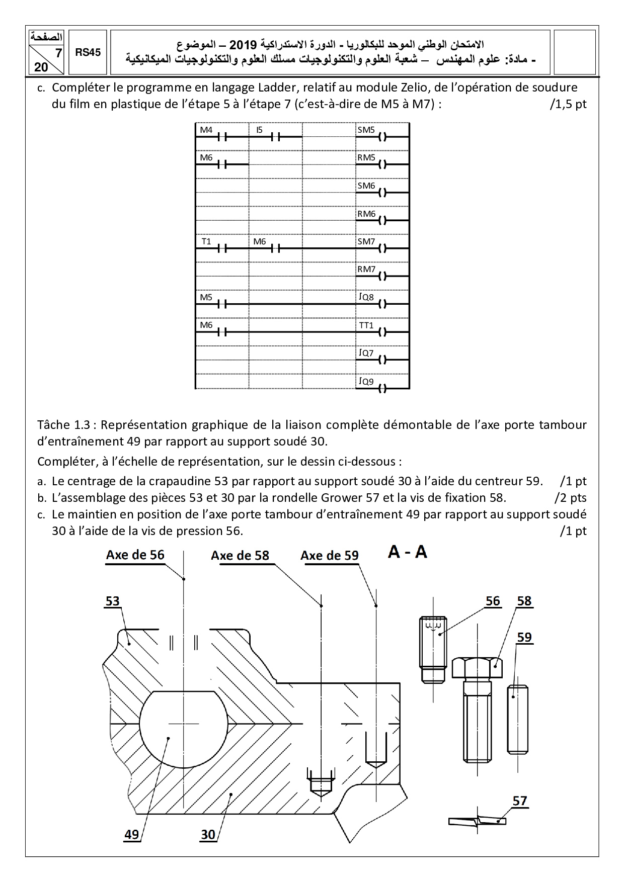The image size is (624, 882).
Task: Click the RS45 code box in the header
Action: [x=88, y=52]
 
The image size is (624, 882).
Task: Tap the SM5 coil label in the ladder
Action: [x=366, y=130]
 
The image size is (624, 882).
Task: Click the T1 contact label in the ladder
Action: [x=206, y=241]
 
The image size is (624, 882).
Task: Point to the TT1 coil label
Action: [x=366, y=325]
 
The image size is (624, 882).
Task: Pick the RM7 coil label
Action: [x=366, y=269]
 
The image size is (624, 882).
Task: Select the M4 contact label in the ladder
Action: [x=206, y=130]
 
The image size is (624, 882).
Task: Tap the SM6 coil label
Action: [x=366, y=186]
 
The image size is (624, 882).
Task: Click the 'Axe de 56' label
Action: [x=135, y=555]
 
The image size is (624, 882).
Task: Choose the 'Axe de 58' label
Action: [x=240, y=555]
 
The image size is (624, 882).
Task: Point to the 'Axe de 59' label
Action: [x=330, y=555]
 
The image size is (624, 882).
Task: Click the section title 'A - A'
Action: [x=408, y=552]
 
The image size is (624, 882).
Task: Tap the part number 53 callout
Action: [x=113, y=601]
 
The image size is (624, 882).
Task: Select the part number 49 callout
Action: [x=131, y=835]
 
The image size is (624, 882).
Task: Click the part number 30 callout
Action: [x=208, y=835]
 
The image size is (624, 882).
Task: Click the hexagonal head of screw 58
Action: [x=477, y=667]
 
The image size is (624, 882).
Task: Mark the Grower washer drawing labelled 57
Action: [x=477, y=821]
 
